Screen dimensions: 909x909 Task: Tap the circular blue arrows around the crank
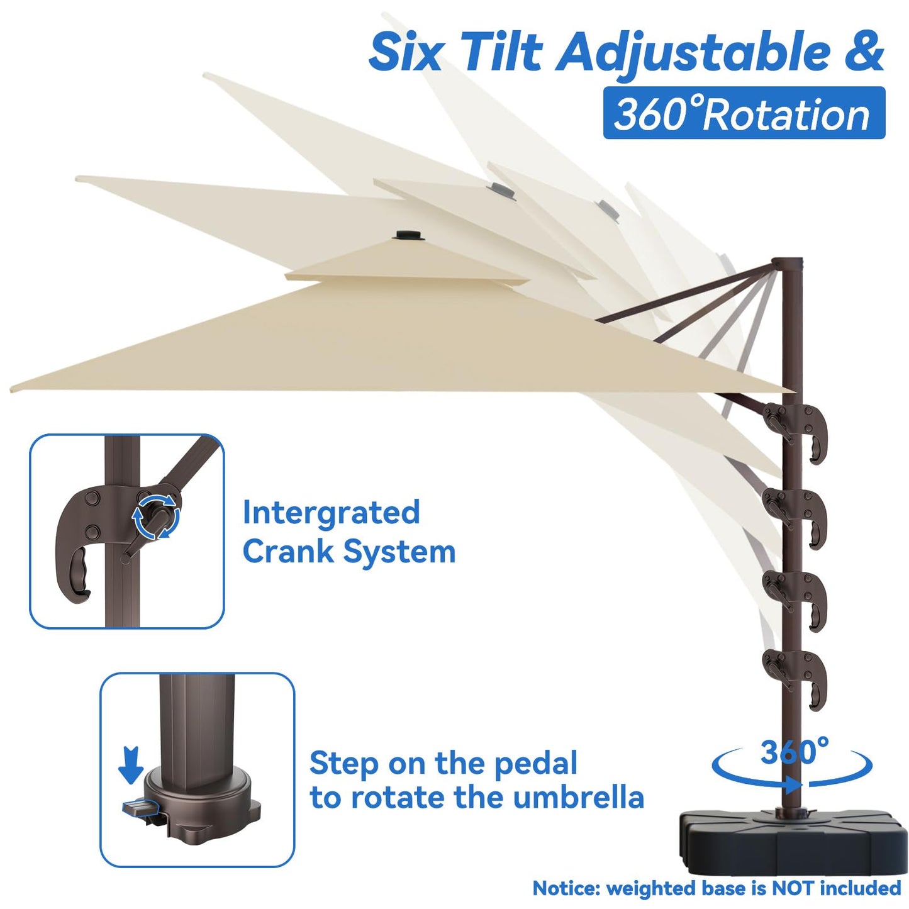[155, 516]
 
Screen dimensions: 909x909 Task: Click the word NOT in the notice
[794, 888]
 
